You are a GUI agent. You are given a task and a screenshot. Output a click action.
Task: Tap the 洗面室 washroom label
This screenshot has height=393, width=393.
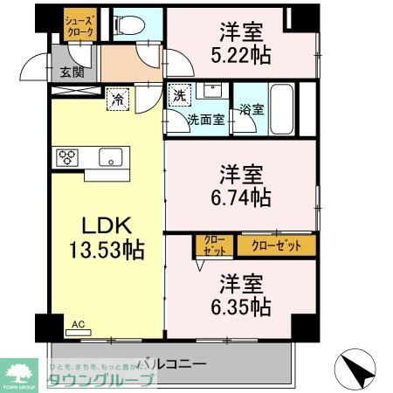pyautogui.click(x=206, y=119)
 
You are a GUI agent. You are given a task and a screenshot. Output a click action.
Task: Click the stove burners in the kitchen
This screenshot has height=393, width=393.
pyautogui.click(x=68, y=157)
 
